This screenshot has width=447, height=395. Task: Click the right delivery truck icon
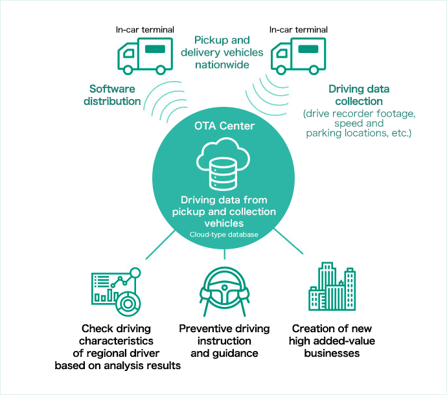click(x=298, y=55)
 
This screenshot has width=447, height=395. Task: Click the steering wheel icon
click(x=223, y=291)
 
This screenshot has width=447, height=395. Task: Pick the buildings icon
click(x=332, y=289)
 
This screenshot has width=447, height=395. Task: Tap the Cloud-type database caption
click(x=223, y=234)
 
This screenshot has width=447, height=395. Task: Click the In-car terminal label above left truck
click(x=144, y=30)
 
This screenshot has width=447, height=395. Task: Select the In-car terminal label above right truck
click(x=299, y=30)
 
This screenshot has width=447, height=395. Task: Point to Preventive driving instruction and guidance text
click(x=224, y=341)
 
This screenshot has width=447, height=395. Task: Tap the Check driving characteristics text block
click(x=117, y=347)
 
